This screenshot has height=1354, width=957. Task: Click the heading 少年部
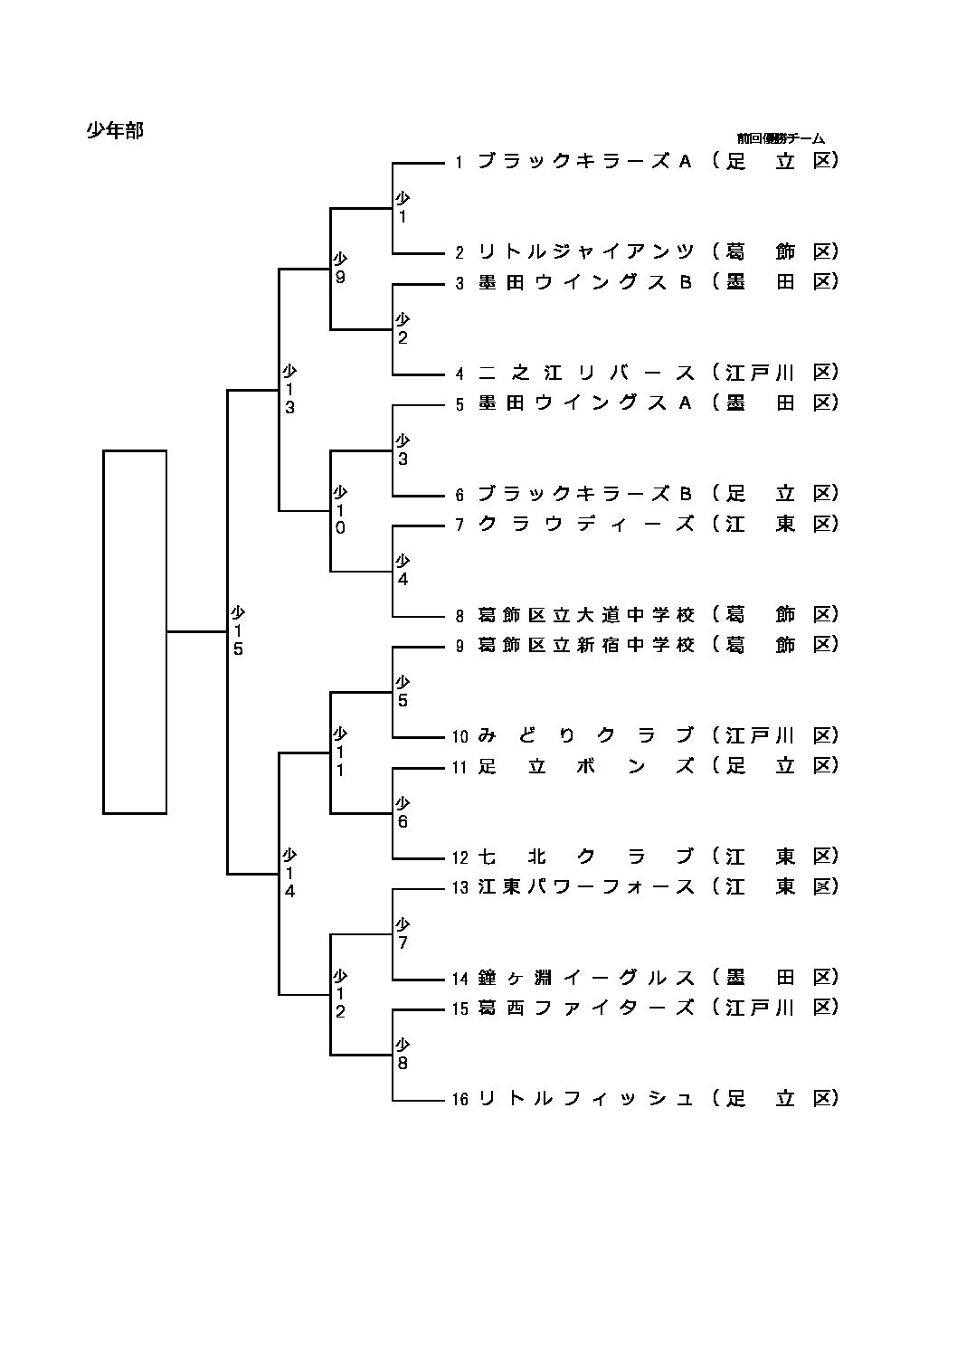[115, 130]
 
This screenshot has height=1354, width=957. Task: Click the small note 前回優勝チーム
[780, 138]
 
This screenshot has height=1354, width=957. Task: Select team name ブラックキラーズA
[584, 161]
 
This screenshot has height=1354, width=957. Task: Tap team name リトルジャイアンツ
[586, 251]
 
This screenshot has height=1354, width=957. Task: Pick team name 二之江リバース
[586, 373]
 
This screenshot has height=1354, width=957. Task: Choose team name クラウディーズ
[586, 524]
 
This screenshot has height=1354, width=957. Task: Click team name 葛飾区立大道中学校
[586, 615]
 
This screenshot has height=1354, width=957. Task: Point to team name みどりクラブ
[586, 735]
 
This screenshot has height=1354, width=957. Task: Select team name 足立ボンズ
[586, 766]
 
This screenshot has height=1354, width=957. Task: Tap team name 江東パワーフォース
[586, 887]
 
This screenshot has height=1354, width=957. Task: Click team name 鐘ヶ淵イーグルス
[586, 978]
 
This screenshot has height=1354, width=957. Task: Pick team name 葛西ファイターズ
[586, 1008]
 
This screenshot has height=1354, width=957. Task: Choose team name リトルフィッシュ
[586, 1099]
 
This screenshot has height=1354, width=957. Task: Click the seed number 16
[460, 1100]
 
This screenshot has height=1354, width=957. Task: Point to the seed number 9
[460, 646]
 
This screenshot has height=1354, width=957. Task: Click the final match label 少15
[238, 630]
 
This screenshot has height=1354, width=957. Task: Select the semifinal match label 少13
[289, 389]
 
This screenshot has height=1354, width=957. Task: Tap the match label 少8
[403, 1055]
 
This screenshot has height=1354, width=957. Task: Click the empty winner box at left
[135, 631]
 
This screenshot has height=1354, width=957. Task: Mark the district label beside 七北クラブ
[775, 857]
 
